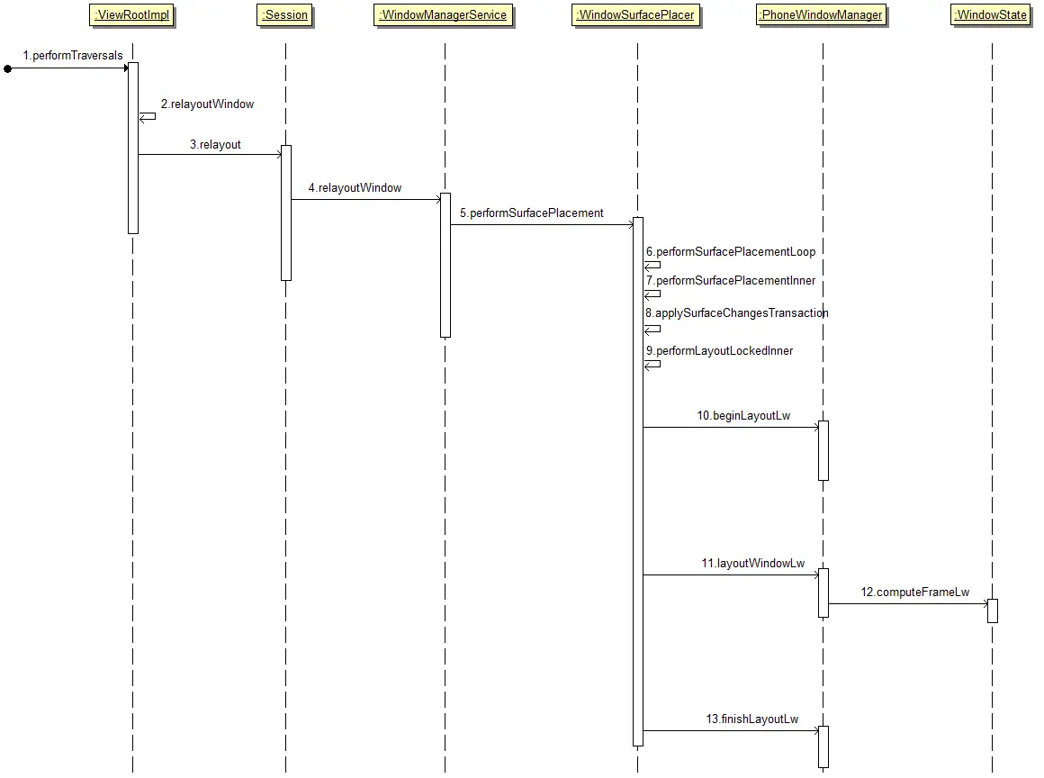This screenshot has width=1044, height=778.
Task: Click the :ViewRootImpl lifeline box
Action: point(131,14)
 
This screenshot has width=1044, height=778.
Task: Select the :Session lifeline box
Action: point(285,14)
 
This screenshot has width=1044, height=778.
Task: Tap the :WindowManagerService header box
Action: point(444,14)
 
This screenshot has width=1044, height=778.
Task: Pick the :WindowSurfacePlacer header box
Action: point(636,14)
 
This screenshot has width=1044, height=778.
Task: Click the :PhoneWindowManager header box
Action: point(822,14)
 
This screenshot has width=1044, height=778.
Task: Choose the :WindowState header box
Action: point(992,14)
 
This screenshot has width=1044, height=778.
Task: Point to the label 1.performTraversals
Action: point(73,55)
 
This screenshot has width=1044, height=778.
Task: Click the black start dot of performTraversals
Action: point(7,68)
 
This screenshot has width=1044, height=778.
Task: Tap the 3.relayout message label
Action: point(215,145)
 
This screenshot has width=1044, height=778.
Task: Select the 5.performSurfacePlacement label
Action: point(531,213)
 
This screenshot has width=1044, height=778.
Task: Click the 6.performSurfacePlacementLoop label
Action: point(731,252)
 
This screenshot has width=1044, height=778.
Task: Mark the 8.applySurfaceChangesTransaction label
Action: point(736,313)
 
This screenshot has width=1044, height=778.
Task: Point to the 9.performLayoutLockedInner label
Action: point(719,351)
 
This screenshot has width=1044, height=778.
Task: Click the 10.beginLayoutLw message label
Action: point(743,416)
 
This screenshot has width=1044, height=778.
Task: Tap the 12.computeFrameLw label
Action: point(914,593)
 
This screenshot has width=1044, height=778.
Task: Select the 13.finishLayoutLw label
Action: point(752,719)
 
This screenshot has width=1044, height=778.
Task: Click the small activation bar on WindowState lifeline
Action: point(992,611)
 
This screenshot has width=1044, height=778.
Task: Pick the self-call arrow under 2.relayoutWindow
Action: point(147,116)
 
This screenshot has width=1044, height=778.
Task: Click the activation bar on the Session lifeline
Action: point(285,213)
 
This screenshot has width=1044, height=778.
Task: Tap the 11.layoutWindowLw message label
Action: point(753,564)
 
